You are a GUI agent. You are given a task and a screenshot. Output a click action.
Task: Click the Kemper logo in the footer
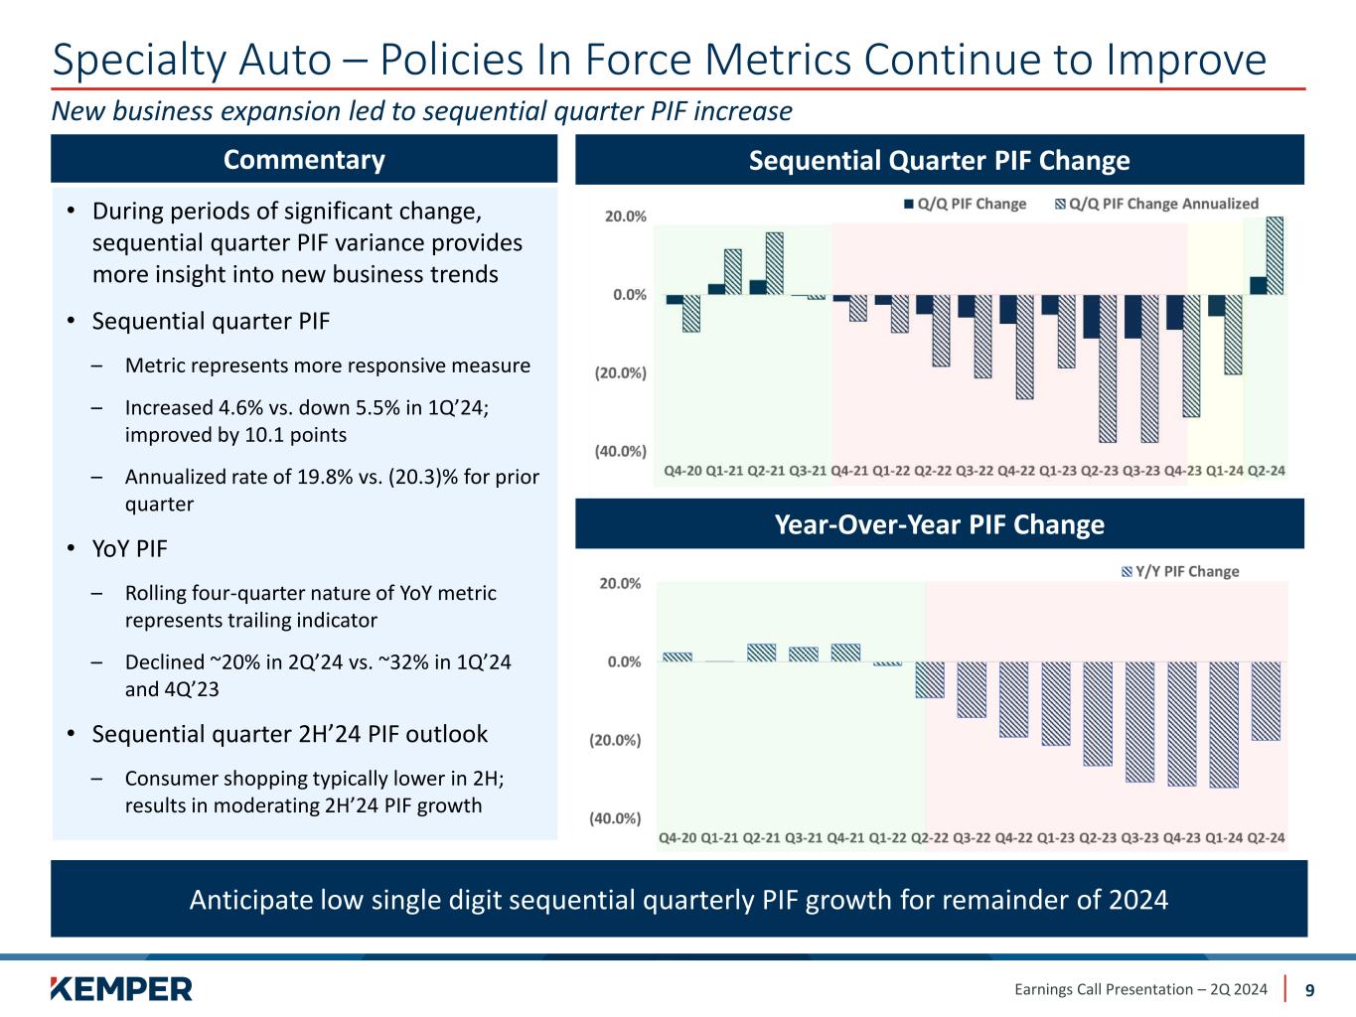click(x=121, y=988)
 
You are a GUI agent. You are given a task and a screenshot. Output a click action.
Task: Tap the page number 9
click(x=1310, y=989)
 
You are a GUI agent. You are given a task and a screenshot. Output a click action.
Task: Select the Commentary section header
click(x=304, y=160)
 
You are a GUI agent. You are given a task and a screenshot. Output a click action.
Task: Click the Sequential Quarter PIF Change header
click(x=939, y=160)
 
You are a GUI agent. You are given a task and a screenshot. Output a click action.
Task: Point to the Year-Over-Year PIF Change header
click(x=939, y=524)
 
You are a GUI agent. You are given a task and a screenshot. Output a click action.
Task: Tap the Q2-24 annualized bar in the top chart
click(x=1275, y=256)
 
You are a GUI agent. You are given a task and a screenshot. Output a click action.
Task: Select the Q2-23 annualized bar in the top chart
click(x=1108, y=367)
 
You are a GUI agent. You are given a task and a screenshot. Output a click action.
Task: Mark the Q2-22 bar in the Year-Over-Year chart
click(x=930, y=679)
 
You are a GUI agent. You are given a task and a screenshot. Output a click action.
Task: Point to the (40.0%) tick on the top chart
click(x=620, y=451)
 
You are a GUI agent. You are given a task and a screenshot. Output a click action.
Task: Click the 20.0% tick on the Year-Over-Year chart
click(x=620, y=583)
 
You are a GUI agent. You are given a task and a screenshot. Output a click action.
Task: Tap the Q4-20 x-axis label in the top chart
click(x=683, y=470)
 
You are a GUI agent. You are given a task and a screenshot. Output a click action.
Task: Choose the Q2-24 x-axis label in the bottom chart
click(x=1266, y=837)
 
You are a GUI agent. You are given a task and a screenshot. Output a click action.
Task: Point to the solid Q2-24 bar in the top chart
click(x=1258, y=286)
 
